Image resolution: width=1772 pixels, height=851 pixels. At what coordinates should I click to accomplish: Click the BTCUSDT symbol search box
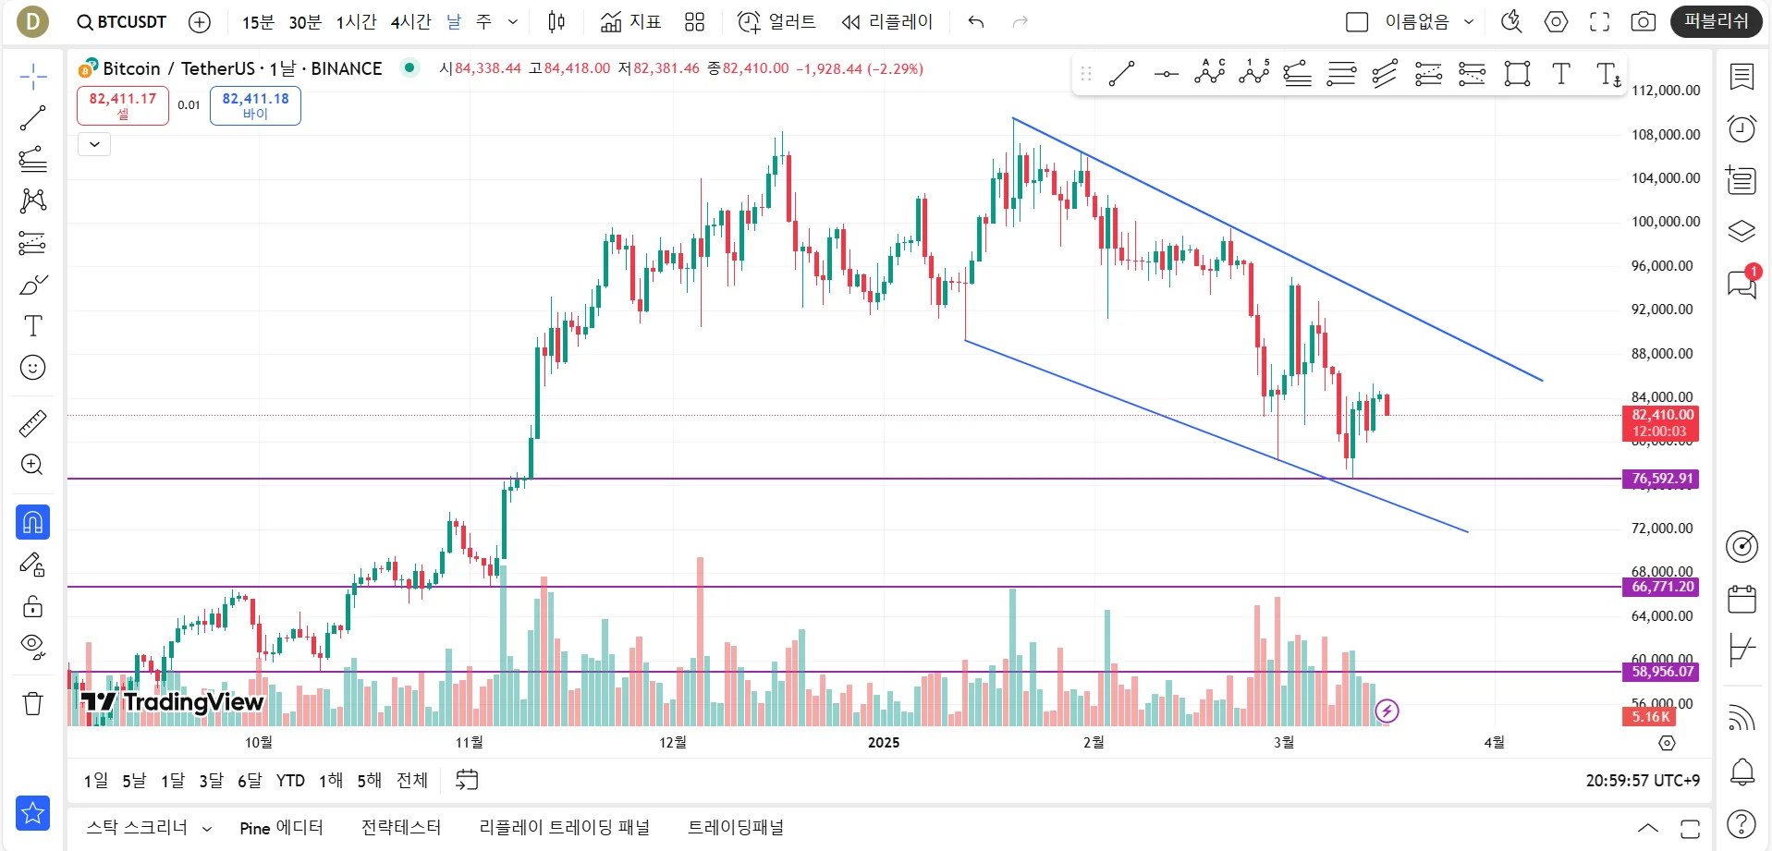[122, 21]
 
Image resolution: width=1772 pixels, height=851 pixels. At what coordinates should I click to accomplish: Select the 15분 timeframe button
[258, 22]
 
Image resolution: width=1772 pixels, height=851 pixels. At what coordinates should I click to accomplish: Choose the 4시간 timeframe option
[410, 22]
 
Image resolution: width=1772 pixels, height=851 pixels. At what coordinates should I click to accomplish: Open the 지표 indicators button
[631, 22]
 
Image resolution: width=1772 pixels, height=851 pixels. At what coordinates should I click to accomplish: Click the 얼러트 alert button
[777, 22]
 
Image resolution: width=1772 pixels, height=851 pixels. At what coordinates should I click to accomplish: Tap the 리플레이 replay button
[887, 22]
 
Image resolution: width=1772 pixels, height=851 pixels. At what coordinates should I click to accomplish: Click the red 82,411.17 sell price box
[123, 105]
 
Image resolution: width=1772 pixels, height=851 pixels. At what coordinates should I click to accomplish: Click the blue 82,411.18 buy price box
[255, 105]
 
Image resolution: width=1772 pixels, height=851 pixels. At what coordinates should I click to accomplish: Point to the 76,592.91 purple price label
[1661, 479]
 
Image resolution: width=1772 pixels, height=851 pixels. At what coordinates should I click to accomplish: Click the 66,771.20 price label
[1661, 587]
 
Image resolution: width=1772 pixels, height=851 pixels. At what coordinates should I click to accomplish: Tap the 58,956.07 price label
[1661, 672]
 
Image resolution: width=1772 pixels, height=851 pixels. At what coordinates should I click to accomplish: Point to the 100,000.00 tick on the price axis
[1666, 222]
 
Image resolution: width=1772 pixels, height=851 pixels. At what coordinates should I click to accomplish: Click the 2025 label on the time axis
[884, 743]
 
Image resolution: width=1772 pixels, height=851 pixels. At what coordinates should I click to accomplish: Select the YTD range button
[290, 781]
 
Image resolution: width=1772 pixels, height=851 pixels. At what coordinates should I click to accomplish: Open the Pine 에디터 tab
[281, 828]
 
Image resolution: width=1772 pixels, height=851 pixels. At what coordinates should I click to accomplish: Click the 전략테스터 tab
[401, 828]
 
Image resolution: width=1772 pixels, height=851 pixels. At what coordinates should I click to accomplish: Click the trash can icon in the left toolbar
[33, 704]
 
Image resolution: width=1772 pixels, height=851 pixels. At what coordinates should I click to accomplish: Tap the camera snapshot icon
[1643, 22]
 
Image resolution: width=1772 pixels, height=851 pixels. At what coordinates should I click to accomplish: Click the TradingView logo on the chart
[173, 703]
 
